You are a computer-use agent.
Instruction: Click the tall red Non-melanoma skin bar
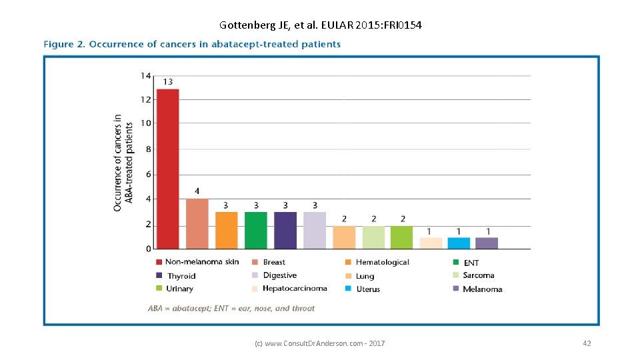point(167,168)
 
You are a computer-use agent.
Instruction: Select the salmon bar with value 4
point(197,223)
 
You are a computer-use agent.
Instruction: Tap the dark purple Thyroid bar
point(285,230)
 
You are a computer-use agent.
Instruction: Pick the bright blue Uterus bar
point(459,243)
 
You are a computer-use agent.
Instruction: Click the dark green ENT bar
point(256,230)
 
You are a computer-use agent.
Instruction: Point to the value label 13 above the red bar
point(167,82)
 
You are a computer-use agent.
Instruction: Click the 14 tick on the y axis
point(145,75)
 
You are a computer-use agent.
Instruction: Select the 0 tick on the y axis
point(148,249)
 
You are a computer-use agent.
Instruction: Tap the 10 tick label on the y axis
point(145,123)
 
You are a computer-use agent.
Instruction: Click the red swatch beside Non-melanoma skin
point(159,262)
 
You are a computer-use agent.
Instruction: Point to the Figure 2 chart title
point(192,45)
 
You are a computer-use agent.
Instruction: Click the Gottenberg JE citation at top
point(320,25)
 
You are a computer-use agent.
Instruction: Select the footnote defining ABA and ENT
point(231,309)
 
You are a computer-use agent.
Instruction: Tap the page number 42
point(587,343)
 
